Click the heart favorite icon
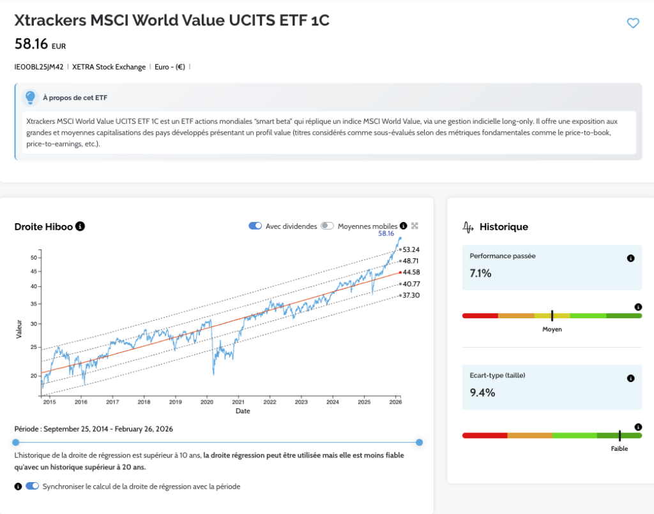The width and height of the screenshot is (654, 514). (633, 24)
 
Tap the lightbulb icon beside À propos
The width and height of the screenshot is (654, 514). (30, 98)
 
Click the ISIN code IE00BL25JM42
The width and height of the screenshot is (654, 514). (39, 66)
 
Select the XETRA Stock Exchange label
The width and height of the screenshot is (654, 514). (109, 66)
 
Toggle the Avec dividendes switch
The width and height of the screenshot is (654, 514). (255, 226)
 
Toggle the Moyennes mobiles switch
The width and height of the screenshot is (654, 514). (327, 226)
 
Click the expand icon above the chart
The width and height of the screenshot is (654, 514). (414, 226)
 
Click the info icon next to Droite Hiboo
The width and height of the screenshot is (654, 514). (80, 226)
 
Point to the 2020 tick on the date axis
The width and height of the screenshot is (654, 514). (207, 402)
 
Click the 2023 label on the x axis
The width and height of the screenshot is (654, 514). (301, 402)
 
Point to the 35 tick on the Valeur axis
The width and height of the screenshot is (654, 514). (35, 304)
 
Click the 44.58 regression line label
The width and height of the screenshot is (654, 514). (412, 272)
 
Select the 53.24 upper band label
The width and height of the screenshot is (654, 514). (412, 249)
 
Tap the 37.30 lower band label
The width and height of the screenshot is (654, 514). (412, 296)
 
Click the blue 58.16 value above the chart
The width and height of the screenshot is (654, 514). (386, 234)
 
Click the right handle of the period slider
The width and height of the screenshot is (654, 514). (419, 442)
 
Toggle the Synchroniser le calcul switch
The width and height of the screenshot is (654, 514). (32, 487)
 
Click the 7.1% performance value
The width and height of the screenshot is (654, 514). (480, 274)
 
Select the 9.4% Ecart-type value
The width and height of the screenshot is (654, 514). (482, 393)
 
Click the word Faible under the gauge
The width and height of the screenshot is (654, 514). (619, 449)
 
